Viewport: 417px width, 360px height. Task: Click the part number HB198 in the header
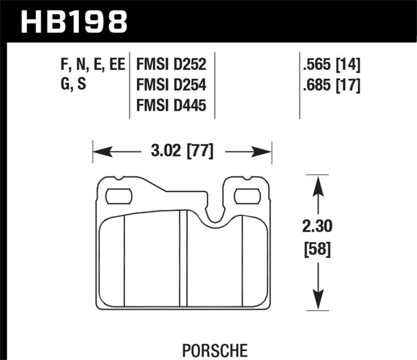click(73, 21)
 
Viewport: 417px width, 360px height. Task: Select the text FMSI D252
click(171, 65)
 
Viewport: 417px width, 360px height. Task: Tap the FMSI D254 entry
click(171, 85)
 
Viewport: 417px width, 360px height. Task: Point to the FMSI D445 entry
click(171, 105)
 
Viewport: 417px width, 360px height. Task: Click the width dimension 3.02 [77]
click(181, 152)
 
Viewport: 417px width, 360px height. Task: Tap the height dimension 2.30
click(317, 227)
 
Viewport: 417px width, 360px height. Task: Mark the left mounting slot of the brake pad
click(118, 196)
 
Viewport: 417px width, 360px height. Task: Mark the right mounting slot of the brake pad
click(248, 196)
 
